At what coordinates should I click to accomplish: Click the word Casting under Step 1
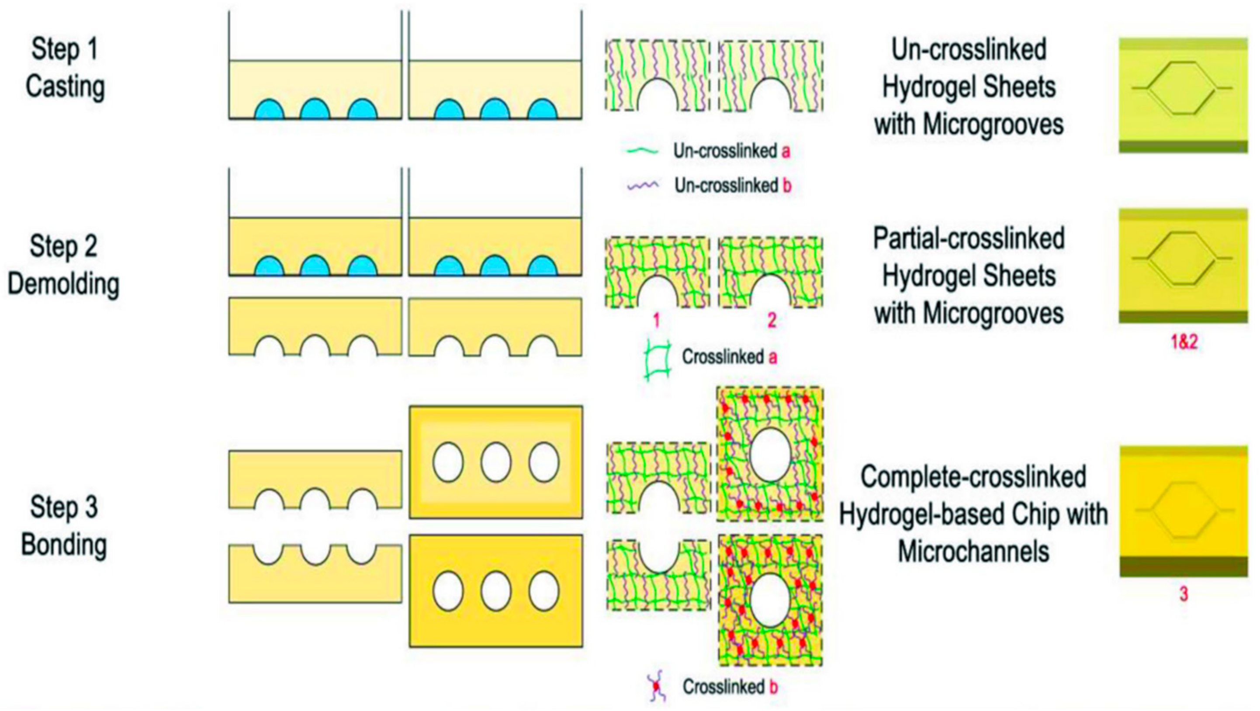coord(65,87)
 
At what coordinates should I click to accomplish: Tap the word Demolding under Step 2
coord(64,284)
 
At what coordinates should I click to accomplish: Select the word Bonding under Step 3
coord(64,545)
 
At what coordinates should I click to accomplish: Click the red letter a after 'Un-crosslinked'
coord(786,151)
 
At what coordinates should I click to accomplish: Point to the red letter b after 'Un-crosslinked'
coord(786,186)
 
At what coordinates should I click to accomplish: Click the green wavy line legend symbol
coord(642,151)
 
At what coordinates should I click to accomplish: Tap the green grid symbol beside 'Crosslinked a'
coord(658,359)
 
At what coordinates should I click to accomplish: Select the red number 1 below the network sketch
coord(656,321)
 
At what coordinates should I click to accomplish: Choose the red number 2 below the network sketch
coord(772,321)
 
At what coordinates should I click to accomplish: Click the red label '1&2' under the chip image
coord(1184,342)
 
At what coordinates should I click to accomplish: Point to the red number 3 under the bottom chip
coord(1183,594)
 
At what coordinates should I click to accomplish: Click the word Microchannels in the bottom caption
coord(973,552)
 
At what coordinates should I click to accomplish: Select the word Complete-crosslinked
coord(973,477)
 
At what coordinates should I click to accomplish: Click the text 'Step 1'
coord(65,49)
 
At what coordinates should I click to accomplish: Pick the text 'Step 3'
coord(64,507)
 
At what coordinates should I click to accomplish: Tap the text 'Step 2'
coord(64,246)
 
